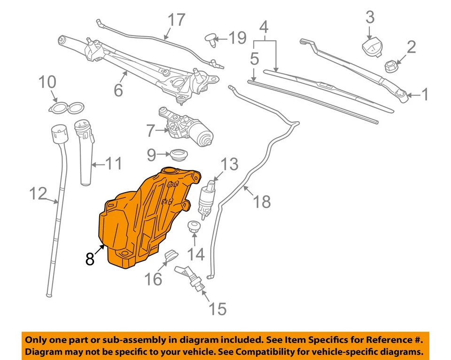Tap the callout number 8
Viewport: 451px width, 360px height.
(90, 258)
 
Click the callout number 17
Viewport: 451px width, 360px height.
(177, 21)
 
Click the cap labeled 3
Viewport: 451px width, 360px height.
(371, 47)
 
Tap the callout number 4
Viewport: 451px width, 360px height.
(264, 28)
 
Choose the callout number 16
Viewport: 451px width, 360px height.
(153, 279)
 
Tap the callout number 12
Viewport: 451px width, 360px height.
(39, 193)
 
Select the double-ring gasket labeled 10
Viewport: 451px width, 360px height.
(65, 108)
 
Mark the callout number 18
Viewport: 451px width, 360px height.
(262, 202)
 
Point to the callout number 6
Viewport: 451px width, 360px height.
(118, 90)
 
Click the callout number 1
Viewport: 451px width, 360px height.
(425, 95)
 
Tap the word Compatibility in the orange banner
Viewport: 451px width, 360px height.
(272, 352)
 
